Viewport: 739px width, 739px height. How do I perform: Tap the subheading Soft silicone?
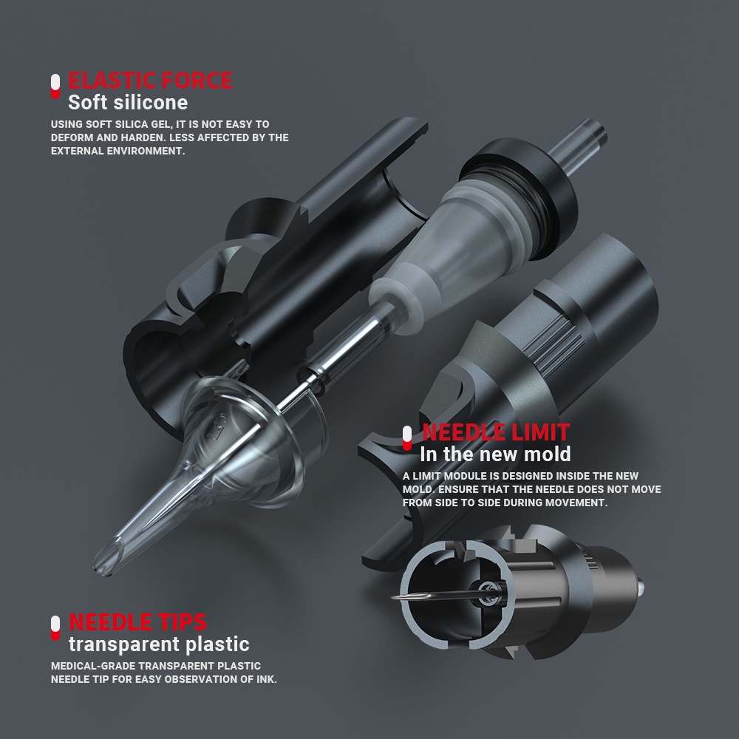click(x=128, y=103)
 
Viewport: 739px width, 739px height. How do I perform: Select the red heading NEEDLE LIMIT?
click(x=496, y=432)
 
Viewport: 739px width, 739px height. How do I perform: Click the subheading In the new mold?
click(x=495, y=454)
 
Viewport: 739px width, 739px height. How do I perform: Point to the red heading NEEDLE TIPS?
click(x=137, y=622)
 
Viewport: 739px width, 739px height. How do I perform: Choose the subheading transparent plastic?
click(x=160, y=644)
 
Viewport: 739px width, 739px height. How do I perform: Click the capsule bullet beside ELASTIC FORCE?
click(x=55, y=86)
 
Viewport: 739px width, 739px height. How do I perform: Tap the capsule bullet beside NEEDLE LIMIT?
click(x=407, y=438)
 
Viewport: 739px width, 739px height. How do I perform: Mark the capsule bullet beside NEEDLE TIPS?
click(x=55, y=628)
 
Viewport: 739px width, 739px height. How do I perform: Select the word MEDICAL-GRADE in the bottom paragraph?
click(x=93, y=666)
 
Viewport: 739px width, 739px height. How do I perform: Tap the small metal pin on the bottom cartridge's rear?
click(x=641, y=588)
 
